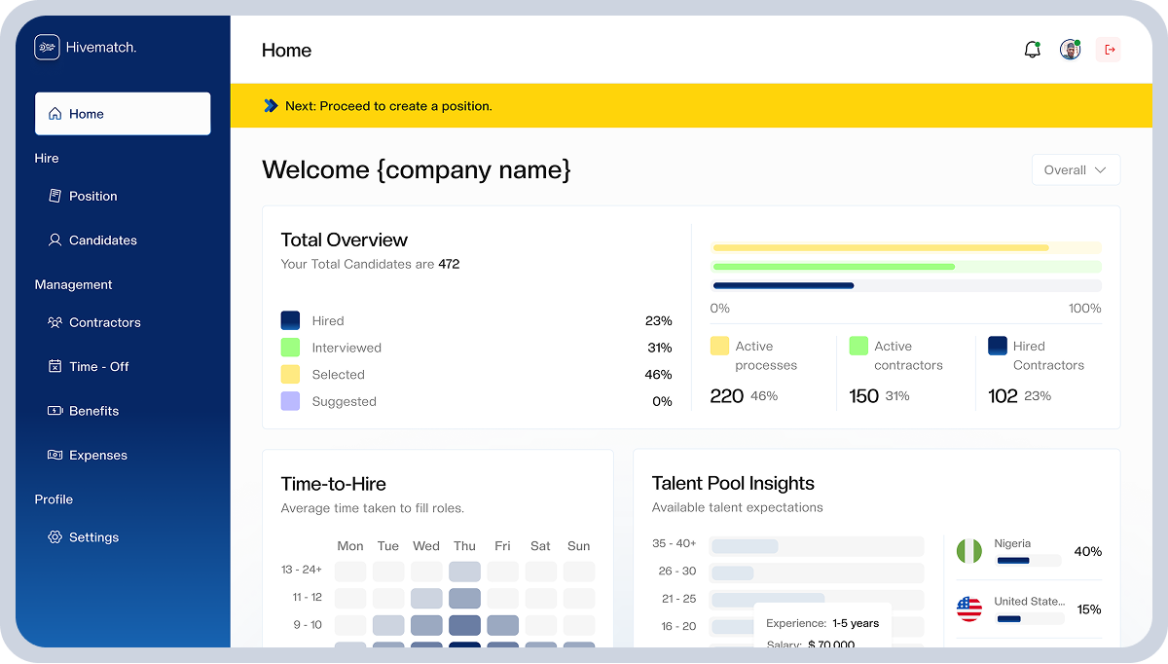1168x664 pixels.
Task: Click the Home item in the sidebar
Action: coord(123,114)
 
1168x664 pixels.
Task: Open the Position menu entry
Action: coord(84,196)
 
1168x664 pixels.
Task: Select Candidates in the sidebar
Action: coord(92,240)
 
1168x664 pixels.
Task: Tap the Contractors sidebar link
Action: coord(94,322)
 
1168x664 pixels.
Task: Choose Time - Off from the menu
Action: coord(89,367)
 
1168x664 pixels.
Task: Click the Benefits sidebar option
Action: coord(84,411)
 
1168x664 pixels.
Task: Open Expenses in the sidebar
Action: coord(88,455)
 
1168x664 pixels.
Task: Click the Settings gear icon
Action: coord(55,536)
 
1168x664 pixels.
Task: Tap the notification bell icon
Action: coord(1033,50)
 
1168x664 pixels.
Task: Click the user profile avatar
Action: coord(1070,50)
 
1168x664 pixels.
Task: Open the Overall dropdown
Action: coord(1076,170)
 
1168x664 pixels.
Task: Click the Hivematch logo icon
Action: coord(47,48)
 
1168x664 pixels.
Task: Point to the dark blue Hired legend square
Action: coord(290,320)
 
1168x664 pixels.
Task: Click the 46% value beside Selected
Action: coord(658,375)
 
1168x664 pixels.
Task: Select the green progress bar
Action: coord(834,267)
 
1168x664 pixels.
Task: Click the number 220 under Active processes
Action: coord(726,396)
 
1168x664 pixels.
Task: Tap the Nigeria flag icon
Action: coord(969,551)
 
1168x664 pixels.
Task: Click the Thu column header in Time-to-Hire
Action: coord(464,545)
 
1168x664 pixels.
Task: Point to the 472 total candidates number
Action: coord(449,264)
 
